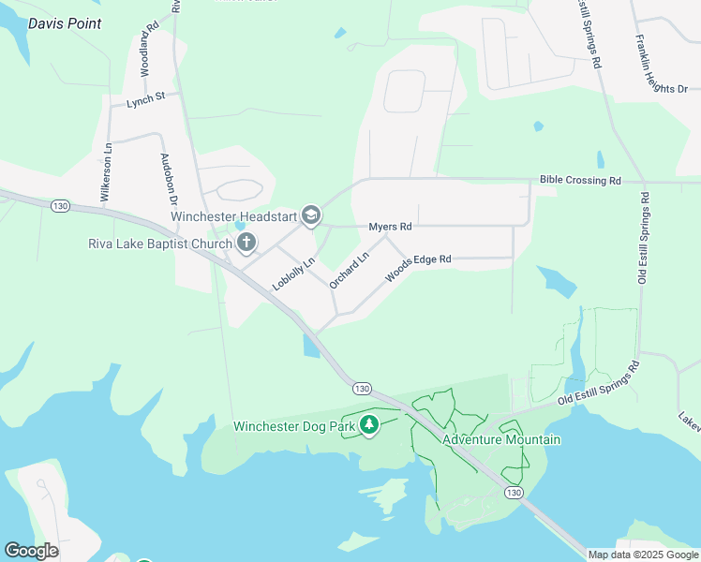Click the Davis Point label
click(65, 23)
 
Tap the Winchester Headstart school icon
click(312, 216)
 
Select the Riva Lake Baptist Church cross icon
click(246, 244)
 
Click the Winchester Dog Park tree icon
click(369, 426)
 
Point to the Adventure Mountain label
click(501, 439)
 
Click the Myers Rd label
click(390, 227)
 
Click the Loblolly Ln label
click(291, 272)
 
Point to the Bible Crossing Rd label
click(580, 180)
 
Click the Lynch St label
click(146, 97)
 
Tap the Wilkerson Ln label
click(107, 170)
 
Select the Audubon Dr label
click(169, 178)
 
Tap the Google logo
click(31, 551)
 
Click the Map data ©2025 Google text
click(643, 555)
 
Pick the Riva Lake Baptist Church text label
click(159, 244)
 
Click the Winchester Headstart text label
click(233, 216)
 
